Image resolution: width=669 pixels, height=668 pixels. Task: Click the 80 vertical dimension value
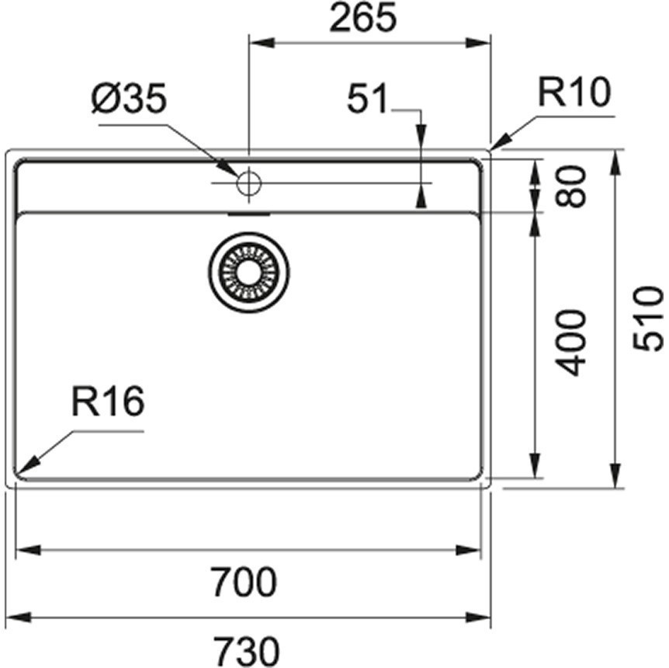click(572, 186)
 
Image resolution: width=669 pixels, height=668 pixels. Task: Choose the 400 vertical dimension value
click(572, 342)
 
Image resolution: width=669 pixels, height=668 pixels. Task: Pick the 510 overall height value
click(648, 318)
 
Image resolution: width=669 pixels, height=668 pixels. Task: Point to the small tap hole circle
click(249, 184)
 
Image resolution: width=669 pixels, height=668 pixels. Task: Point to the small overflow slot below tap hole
click(249, 210)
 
